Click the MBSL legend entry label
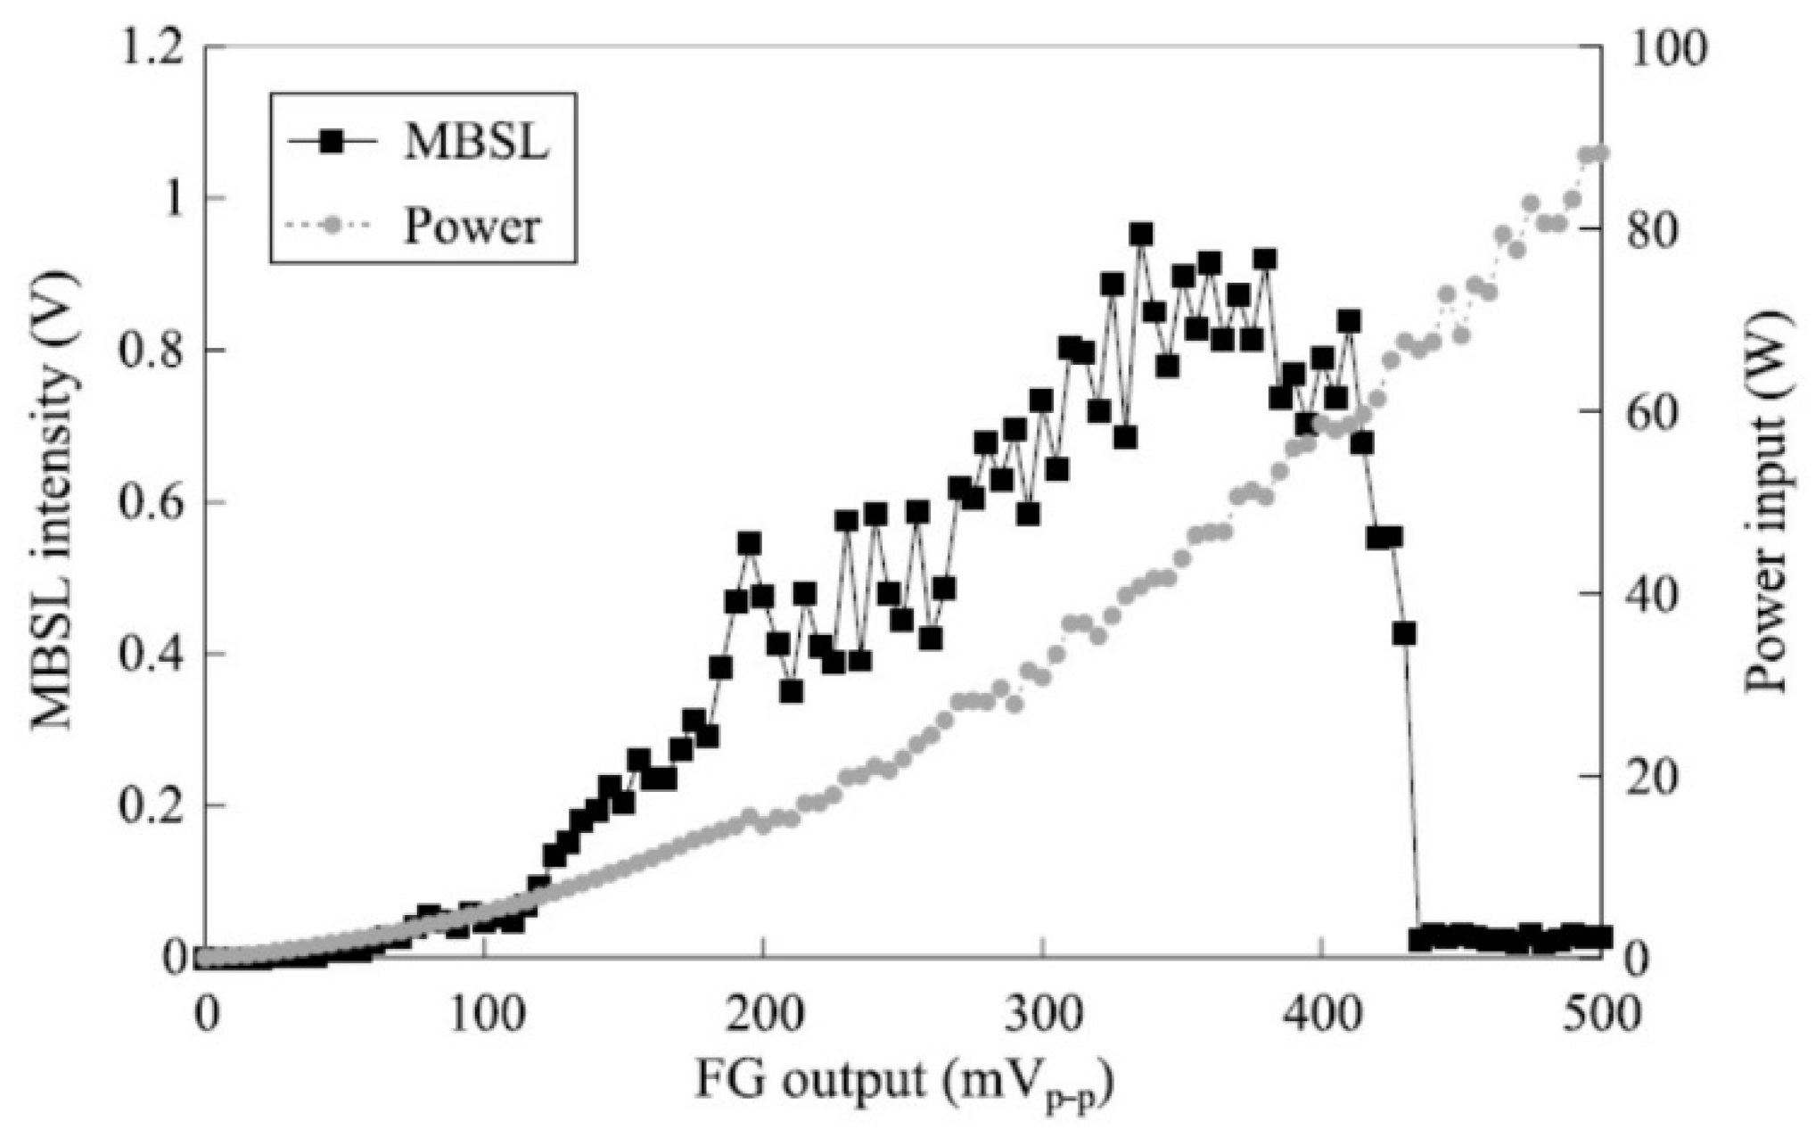click(476, 143)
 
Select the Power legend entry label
click(472, 227)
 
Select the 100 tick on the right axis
click(1667, 47)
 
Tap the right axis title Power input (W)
click(1765, 502)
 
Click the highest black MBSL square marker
click(1141, 235)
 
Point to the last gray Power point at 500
click(1600, 153)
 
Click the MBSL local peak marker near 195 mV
click(749, 543)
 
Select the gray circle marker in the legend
click(331, 227)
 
